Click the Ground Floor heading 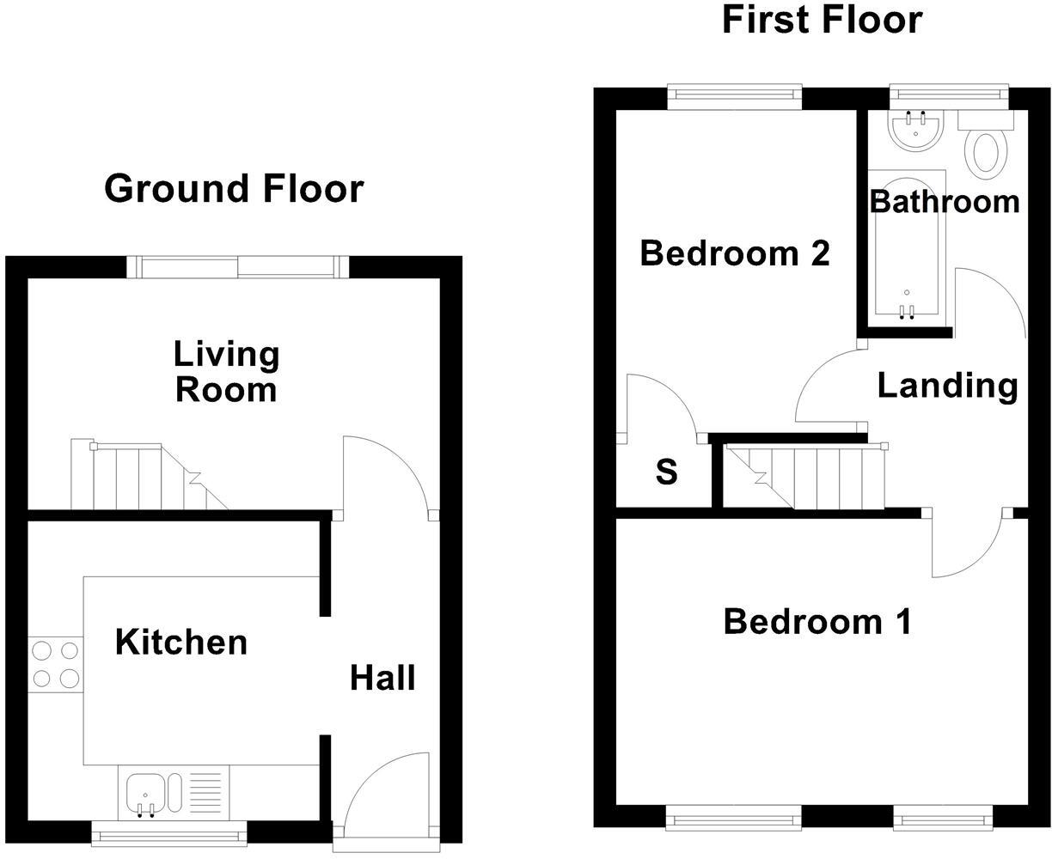pos(234,188)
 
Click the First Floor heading pos(822,20)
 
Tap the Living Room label pos(226,371)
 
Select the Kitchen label pos(181,642)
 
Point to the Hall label pos(382,678)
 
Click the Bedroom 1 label pos(817,621)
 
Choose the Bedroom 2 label pos(735,253)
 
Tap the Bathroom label pos(944,201)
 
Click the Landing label pos(947,386)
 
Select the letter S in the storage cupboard pos(667,472)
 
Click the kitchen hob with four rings pos(56,666)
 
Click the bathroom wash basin pos(916,131)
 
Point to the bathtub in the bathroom pos(908,249)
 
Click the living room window pos(238,267)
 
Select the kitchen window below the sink pos(168,831)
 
